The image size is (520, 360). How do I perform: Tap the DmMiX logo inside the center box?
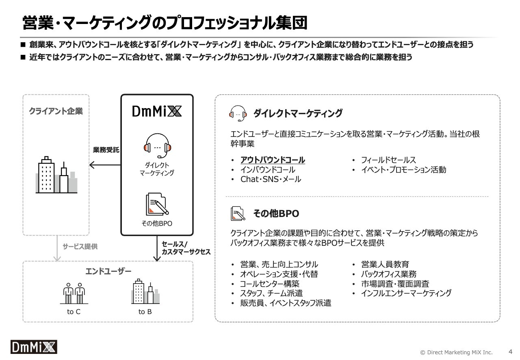(x=157, y=111)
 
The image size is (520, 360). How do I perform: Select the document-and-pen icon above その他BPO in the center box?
(x=157, y=204)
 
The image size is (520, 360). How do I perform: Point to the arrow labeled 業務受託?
(x=105, y=165)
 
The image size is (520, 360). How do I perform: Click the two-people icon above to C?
(x=74, y=293)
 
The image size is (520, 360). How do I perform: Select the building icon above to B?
(x=145, y=292)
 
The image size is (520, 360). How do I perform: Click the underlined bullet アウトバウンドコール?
(x=273, y=160)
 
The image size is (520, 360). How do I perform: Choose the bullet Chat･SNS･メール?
(x=271, y=179)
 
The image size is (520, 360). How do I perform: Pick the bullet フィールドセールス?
(x=388, y=160)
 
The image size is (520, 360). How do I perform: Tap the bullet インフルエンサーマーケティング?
(x=406, y=293)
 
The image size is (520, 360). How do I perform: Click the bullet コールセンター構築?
(x=269, y=284)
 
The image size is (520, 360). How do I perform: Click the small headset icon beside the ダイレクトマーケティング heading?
(x=238, y=113)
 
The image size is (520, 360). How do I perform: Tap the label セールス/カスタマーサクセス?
(x=186, y=248)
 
